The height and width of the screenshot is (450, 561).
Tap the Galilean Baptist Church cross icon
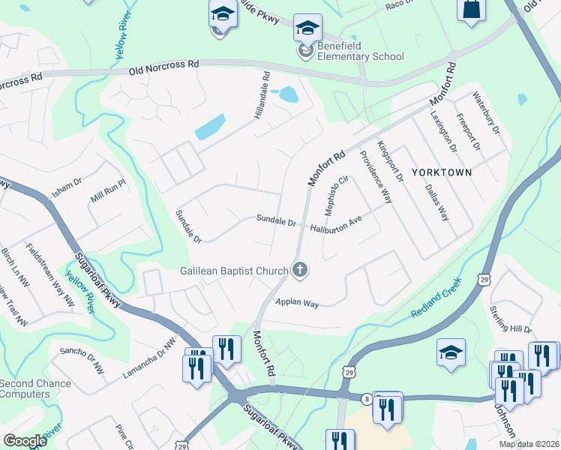[300, 270]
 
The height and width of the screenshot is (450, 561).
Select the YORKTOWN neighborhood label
[442, 172]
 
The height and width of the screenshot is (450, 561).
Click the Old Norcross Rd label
[163, 67]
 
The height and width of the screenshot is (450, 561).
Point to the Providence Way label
[376, 176]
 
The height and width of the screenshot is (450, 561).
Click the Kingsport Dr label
[390, 161]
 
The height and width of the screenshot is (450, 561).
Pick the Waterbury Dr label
[485, 113]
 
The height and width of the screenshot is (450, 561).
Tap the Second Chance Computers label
[35, 388]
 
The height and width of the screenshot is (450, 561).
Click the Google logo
[25, 441]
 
